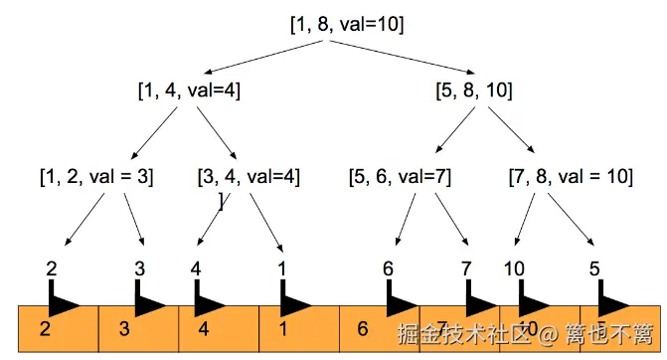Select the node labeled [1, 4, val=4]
pos(189,90)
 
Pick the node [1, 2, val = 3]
pos(96,177)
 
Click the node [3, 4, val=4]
pos(249,177)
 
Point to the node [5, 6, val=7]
pos(400,177)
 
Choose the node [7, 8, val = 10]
pos(571,177)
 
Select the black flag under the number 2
pos(62,300)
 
